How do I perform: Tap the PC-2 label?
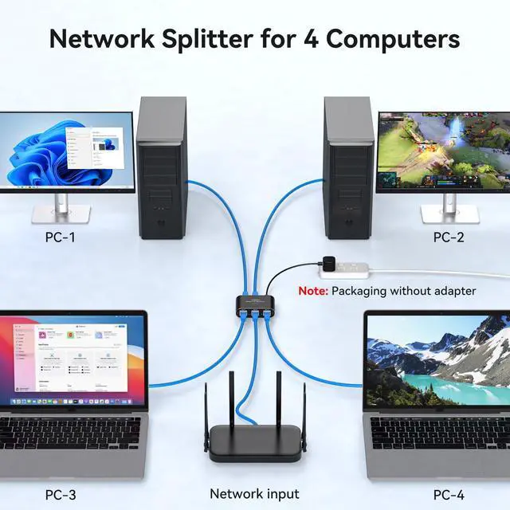(449, 237)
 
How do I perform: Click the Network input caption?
(254, 494)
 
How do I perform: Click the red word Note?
(312, 291)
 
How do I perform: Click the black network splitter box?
(254, 306)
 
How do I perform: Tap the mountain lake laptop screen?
(438, 363)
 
